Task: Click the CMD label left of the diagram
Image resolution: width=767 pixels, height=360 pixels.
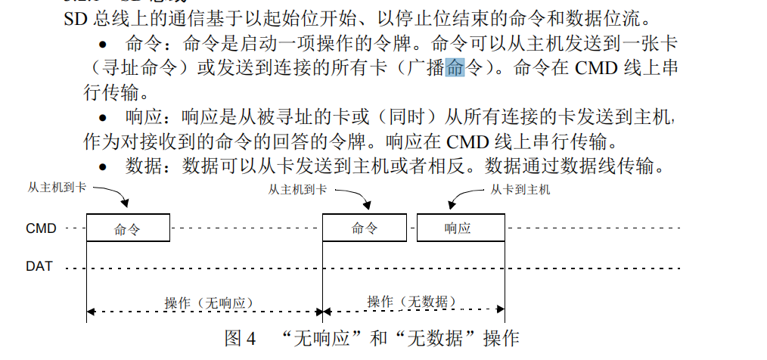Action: pyautogui.click(x=41, y=228)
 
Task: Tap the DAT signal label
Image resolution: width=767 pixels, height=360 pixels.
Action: pyautogui.click(x=39, y=266)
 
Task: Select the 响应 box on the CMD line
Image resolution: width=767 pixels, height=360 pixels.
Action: pyautogui.click(x=461, y=228)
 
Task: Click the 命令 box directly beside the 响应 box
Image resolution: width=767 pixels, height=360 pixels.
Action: pyautogui.click(x=365, y=228)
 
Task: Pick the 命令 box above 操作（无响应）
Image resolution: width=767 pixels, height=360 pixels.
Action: pyautogui.click(x=128, y=228)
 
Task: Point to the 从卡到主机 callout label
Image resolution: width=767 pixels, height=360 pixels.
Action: pyautogui.click(x=520, y=190)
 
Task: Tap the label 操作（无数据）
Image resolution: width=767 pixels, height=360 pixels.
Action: pyautogui.click(x=412, y=302)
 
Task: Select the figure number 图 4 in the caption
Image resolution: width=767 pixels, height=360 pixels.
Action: pyautogui.click(x=241, y=337)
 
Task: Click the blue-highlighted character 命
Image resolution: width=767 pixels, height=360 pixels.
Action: pyautogui.click(x=455, y=68)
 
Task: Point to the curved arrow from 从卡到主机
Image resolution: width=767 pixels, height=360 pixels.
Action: pyautogui.click(x=463, y=197)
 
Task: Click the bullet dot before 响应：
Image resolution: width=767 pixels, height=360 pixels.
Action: pyautogui.click(x=104, y=118)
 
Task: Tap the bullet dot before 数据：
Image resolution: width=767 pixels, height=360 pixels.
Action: pyautogui.click(x=104, y=167)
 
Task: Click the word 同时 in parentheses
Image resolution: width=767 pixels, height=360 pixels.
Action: pyautogui.click(x=409, y=118)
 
